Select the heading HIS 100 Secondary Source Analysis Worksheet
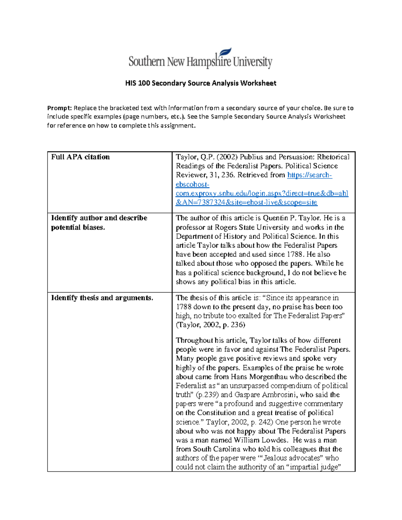200,83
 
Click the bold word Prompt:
59,108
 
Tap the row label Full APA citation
80,157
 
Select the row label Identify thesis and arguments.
102,298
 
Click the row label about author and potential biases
99,222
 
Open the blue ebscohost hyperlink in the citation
262,193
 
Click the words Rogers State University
252,227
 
